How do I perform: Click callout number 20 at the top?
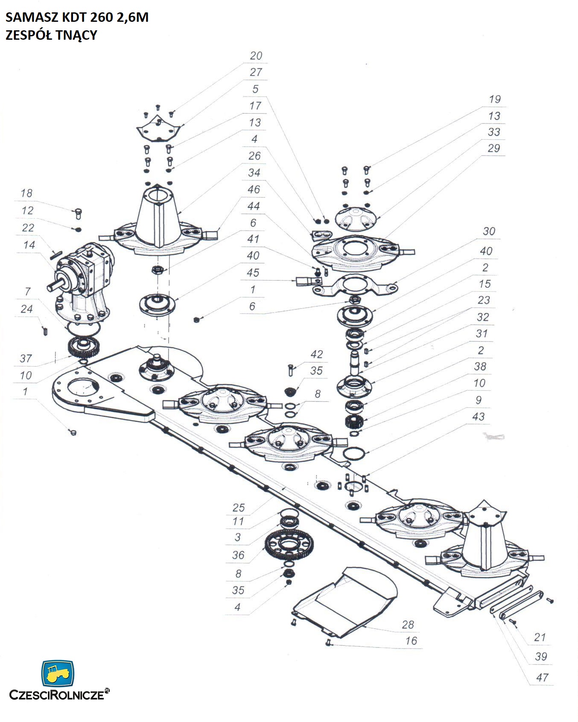pyautogui.click(x=256, y=56)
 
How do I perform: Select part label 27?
pyautogui.click(x=256, y=72)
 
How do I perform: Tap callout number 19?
pyautogui.click(x=494, y=99)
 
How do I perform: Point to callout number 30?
pyautogui.click(x=489, y=231)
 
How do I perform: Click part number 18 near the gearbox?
pyautogui.click(x=26, y=193)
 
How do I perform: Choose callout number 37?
pyautogui.click(x=26, y=358)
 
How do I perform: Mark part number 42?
pyautogui.click(x=316, y=354)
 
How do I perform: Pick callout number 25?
pyautogui.click(x=238, y=508)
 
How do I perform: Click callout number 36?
pyautogui.click(x=238, y=555)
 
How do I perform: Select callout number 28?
pyautogui.click(x=408, y=625)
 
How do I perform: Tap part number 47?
pyautogui.click(x=542, y=677)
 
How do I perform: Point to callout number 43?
pyautogui.click(x=478, y=416)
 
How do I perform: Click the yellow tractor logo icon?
pyautogui.click(x=57, y=673)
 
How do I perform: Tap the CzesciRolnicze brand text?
pyautogui.click(x=56, y=695)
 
